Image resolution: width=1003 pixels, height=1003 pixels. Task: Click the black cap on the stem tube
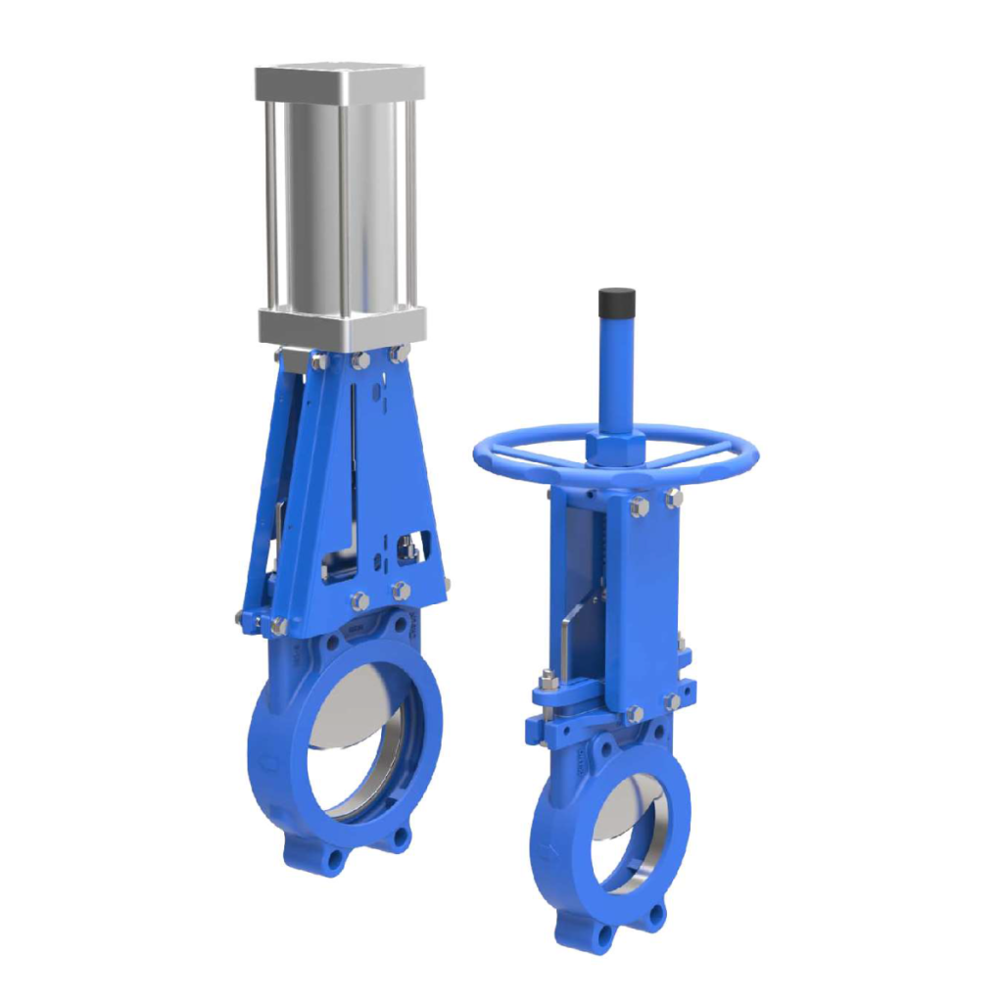[617, 298]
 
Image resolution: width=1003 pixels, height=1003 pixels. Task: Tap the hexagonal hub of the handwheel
[615, 448]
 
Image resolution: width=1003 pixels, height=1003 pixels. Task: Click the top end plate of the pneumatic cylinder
[340, 82]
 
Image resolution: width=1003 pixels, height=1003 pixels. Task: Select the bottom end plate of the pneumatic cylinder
[342, 324]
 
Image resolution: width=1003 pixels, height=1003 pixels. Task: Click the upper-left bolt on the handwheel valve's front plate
[639, 506]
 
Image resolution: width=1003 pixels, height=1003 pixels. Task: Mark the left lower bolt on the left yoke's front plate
[359, 600]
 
